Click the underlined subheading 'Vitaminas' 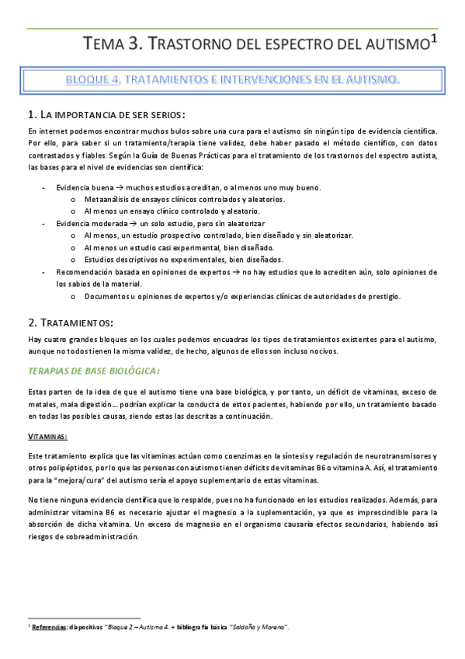point(47,437)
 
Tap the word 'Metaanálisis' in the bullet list point(105,200)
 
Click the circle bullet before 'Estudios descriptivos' point(72,260)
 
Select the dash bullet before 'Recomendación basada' point(43,273)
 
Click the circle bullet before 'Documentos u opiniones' point(72,296)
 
